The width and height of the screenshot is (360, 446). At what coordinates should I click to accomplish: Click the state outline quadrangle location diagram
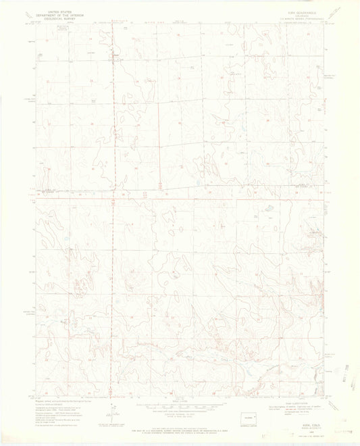pyautogui.click(x=251, y=418)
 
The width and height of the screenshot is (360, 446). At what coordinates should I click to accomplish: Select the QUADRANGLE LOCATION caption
pyautogui.click(x=251, y=427)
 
